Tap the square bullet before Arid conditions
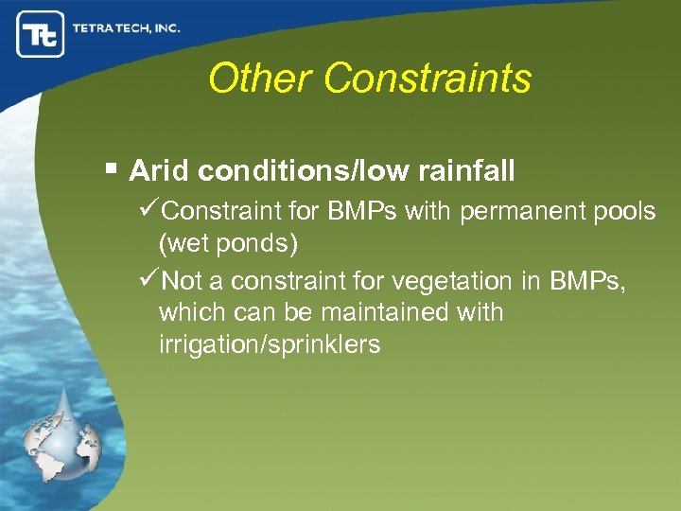(x=111, y=169)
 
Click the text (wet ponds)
(x=228, y=245)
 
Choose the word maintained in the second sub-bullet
(x=378, y=312)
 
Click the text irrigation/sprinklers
(x=270, y=344)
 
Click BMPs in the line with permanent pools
(x=364, y=211)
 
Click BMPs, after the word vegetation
(x=587, y=281)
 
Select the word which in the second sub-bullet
(x=191, y=312)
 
